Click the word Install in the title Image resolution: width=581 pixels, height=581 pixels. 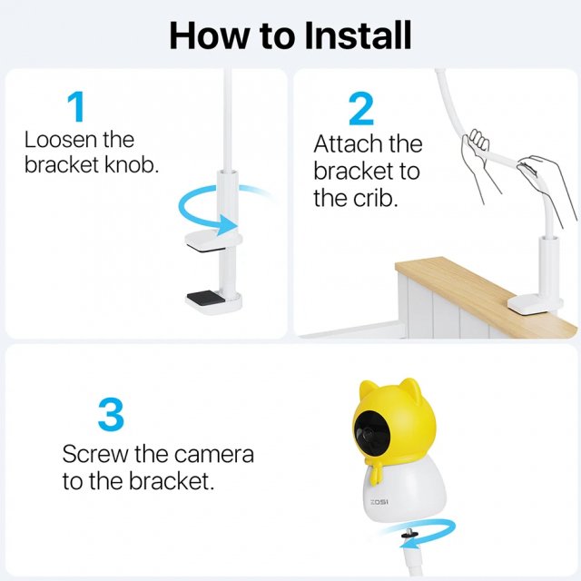[359, 35]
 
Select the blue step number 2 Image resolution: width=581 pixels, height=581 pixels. [361, 109]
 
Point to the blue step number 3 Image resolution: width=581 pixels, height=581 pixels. [111, 414]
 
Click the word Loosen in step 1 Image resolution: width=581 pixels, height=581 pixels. [60, 140]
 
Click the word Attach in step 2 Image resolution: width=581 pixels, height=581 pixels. [343, 143]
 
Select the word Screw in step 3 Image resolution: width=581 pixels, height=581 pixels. [94, 454]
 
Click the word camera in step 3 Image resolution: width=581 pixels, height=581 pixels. [214, 455]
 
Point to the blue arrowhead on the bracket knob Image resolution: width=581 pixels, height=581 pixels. [227, 225]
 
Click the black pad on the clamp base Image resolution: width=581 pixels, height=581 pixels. [206, 297]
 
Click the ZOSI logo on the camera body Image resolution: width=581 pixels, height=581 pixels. [379, 502]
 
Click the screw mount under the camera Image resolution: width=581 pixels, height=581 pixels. [409, 534]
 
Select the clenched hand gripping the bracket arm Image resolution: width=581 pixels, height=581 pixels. [475, 143]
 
